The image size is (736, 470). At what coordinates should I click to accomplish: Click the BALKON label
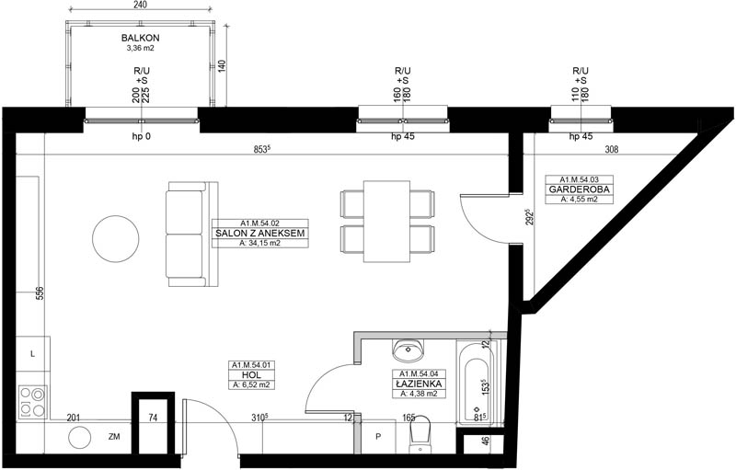(x=141, y=38)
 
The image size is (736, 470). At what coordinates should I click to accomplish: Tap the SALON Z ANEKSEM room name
(x=260, y=233)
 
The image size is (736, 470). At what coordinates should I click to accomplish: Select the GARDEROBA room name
(x=580, y=189)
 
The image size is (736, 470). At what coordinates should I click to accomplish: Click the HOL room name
(x=251, y=375)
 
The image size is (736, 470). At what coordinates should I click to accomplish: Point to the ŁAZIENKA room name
(x=419, y=384)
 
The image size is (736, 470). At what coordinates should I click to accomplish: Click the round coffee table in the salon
(x=116, y=239)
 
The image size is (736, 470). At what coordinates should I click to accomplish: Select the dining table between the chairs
(x=386, y=221)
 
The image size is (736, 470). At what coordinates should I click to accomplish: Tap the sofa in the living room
(x=191, y=234)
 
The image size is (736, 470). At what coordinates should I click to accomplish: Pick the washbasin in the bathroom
(x=408, y=349)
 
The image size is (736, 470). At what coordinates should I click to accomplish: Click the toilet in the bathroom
(x=420, y=434)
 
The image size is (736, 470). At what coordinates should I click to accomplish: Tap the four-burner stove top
(x=32, y=402)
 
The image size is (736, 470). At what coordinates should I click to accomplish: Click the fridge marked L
(x=33, y=354)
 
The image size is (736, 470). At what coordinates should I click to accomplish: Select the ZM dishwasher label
(x=114, y=437)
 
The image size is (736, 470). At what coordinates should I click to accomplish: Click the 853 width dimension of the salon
(x=262, y=150)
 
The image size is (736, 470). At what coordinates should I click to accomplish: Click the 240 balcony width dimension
(x=140, y=6)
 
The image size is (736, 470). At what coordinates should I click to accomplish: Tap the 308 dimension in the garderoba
(x=612, y=150)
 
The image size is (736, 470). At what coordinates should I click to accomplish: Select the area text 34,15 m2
(x=259, y=243)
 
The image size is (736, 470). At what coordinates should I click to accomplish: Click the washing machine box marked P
(x=378, y=437)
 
